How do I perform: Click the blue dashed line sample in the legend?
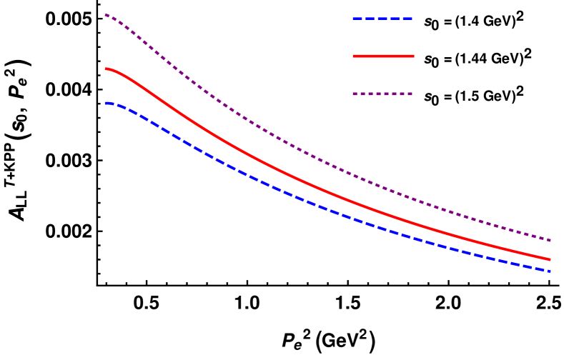coord(382,19)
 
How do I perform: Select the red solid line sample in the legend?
coord(383,56)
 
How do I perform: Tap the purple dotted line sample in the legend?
coord(382,94)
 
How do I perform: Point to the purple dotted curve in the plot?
coord(286,143)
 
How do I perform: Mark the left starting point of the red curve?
coord(106,69)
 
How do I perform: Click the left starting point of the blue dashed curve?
coord(106,104)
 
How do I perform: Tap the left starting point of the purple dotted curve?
coord(106,14)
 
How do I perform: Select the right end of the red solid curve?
coord(550,259)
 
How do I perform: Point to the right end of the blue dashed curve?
coord(550,271)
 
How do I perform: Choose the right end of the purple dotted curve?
coord(550,240)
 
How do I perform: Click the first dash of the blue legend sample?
coord(357,19)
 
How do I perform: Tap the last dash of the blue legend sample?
coord(408,19)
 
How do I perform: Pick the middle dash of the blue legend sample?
coord(382,19)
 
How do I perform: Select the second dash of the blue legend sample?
coord(370,19)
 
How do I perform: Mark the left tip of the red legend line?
coord(354,56)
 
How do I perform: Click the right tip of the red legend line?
coord(413,56)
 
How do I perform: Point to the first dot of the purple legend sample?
coord(355,94)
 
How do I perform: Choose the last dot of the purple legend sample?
coord(410,94)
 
